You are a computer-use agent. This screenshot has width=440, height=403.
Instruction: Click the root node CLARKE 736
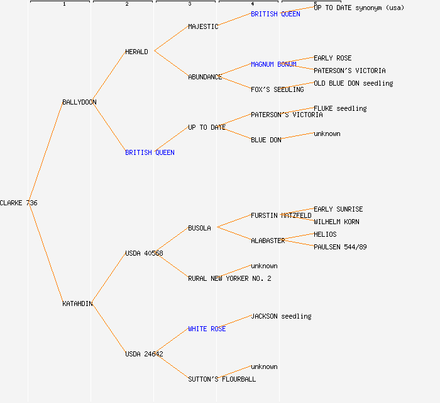click(19, 203)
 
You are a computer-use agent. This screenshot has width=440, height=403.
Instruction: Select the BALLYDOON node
click(79, 102)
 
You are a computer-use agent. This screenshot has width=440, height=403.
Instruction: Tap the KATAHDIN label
click(77, 304)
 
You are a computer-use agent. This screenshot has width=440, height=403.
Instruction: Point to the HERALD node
click(136, 52)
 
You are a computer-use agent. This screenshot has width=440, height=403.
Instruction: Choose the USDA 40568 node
click(144, 253)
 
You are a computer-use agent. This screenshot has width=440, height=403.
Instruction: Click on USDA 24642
click(144, 354)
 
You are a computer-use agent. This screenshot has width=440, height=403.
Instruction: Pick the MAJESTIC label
click(203, 26)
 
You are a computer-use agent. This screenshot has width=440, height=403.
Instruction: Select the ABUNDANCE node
click(205, 77)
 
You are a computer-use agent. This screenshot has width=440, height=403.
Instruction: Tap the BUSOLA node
click(199, 228)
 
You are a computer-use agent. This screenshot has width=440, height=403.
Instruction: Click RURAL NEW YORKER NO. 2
click(229, 278)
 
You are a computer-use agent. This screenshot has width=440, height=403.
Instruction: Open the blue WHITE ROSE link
click(207, 329)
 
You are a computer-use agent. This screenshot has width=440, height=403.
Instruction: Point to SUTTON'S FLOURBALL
click(222, 379)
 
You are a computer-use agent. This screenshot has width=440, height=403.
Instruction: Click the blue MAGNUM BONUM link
click(273, 64)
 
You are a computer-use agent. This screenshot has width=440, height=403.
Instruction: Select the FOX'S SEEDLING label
click(277, 89)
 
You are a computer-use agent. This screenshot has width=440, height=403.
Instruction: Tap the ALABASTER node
click(268, 241)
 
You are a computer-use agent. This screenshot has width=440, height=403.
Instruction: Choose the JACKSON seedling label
click(281, 316)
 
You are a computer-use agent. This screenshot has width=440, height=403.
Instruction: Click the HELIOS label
click(325, 234)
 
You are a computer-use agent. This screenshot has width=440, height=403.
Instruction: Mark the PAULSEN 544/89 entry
click(340, 247)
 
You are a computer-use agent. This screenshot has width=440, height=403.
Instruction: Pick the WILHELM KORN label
click(336, 222)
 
